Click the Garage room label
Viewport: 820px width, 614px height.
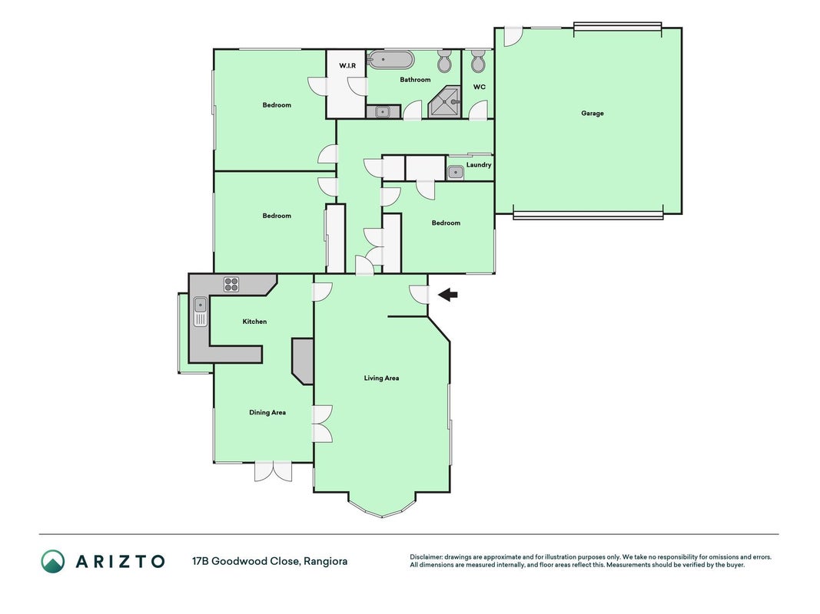pyautogui.click(x=592, y=113)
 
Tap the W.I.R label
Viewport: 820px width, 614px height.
pyautogui.click(x=347, y=66)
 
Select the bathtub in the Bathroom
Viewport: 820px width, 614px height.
pyautogui.click(x=390, y=60)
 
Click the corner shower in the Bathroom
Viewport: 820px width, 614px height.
pyautogui.click(x=444, y=102)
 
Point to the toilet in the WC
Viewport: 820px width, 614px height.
pyautogui.click(x=477, y=61)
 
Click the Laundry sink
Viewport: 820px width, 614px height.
pyautogui.click(x=456, y=172)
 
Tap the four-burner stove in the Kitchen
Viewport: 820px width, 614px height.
pyautogui.click(x=231, y=285)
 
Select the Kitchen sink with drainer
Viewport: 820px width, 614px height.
pyautogui.click(x=201, y=311)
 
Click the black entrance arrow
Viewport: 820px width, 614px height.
pyautogui.click(x=447, y=295)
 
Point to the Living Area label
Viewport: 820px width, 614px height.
pyautogui.click(x=381, y=378)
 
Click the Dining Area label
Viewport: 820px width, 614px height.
pyautogui.click(x=267, y=412)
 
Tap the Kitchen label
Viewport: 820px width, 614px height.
pyautogui.click(x=254, y=322)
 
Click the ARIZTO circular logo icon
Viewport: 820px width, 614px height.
pyautogui.click(x=53, y=561)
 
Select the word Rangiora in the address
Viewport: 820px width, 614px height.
pyautogui.click(x=325, y=562)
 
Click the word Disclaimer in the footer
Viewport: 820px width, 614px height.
pyautogui.click(x=426, y=557)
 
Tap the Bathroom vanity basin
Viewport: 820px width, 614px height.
pyautogui.click(x=383, y=112)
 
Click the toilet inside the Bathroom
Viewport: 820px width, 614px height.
pyautogui.click(x=444, y=61)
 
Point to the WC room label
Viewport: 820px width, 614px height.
pyautogui.click(x=479, y=87)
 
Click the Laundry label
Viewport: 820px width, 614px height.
pyautogui.click(x=479, y=165)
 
